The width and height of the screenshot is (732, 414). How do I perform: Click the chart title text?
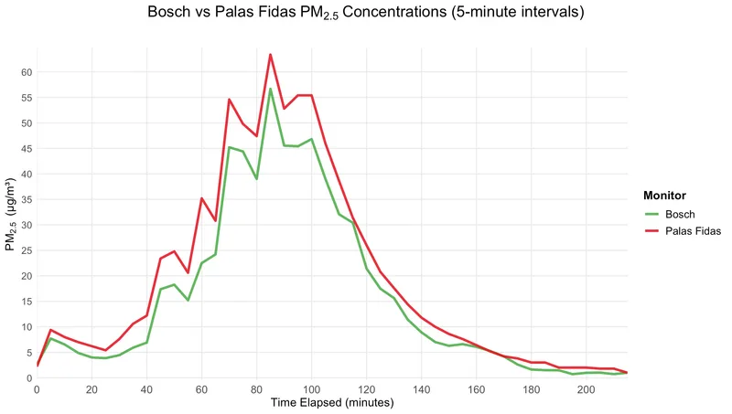[x=366, y=14]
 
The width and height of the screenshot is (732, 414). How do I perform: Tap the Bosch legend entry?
[x=678, y=215]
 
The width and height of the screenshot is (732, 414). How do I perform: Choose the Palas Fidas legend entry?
[x=694, y=232]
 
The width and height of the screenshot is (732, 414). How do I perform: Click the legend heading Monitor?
[x=665, y=195]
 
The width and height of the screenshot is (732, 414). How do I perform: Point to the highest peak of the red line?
[x=271, y=55]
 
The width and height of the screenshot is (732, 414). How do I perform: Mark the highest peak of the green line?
[x=271, y=89]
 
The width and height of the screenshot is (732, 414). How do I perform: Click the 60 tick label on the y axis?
[x=27, y=72]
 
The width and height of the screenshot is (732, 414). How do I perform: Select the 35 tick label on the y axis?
[x=27, y=199]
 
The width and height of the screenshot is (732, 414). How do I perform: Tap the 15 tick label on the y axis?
[x=27, y=302]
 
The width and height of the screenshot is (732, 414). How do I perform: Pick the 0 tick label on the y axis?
[x=29, y=378]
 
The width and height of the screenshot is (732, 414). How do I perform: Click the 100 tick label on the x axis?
[x=312, y=389]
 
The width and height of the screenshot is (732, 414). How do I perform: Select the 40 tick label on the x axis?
[x=146, y=389]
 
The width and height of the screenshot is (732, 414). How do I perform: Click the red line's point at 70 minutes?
[x=230, y=100]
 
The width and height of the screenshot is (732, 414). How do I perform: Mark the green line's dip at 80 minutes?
[x=257, y=178]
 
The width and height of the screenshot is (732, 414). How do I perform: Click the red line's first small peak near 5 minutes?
[x=51, y=330]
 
